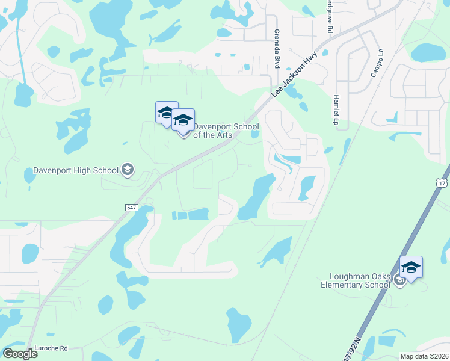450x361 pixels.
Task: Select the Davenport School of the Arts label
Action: click(x=226, y=131)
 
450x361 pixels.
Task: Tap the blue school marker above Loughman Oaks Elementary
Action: click(x=411, y=266)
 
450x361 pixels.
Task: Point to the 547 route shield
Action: click(x=132, y=207)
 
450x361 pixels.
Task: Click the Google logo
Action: click(x=19, y=353)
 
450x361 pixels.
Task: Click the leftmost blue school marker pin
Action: click(x=166, y=112)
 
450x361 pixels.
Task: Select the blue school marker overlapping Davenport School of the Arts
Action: click(x=183, y=120)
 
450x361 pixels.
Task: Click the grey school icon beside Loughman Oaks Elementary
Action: click(x=399, y=281)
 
